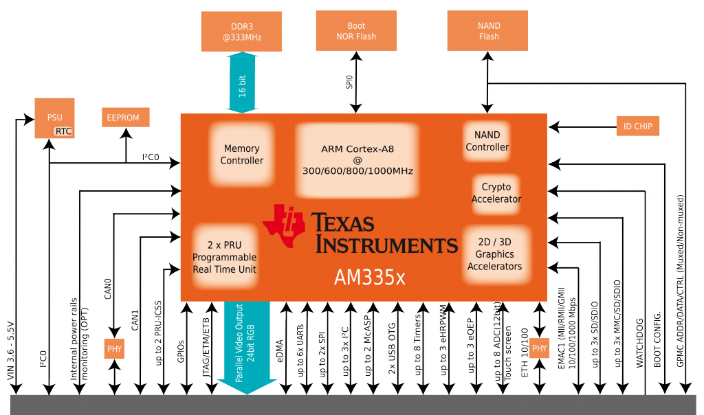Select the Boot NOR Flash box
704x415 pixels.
(x=356, y=32)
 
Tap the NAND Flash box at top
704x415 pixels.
(x=489, y=32)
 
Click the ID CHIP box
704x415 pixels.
(x=638, y=126)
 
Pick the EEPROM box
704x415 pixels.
(x=123, y=117)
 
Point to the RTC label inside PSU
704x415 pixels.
(x=64, y=131)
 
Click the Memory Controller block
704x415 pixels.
(x=241, y=155)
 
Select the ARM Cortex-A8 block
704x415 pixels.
(x=357, y=160)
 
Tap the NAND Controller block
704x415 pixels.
(x=487, y=141)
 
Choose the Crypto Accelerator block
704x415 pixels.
(x=496, y=193)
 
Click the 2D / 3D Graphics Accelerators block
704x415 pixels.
(x=494, y=254)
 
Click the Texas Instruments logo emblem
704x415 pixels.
(x=283, y=225)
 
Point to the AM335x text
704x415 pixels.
(x=370, y=277)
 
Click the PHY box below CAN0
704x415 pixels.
(x=113, y=349)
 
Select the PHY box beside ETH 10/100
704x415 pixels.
(x=540, y=349)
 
